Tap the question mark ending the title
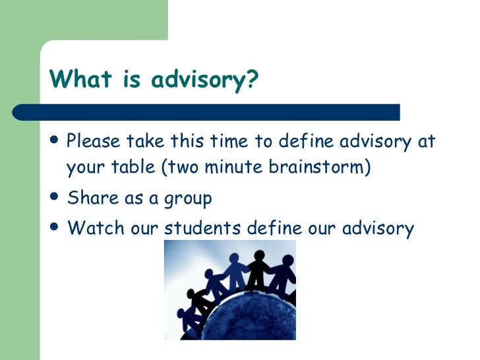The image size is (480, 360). [254, 80]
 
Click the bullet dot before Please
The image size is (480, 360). [55, 139]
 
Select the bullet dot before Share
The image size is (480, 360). [55, 196]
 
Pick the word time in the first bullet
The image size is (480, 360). [226, 140]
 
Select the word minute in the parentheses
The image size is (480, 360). [235, 167]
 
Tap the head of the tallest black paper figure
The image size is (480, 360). [259, 255]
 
